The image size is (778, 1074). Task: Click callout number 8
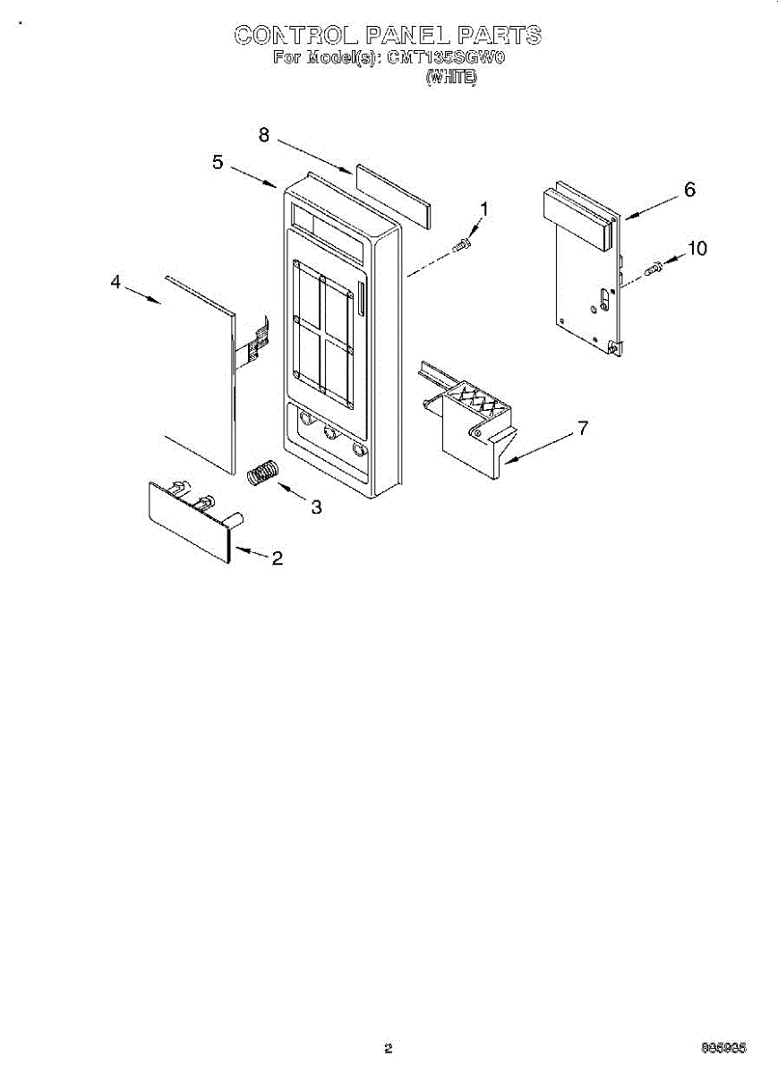pyautogui.click(x=264, y=135)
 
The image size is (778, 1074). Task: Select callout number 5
pyautogui.click(x=218, y=162)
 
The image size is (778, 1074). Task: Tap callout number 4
pyautogui.click(x=115, y=282)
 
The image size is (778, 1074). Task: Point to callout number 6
pyautogui.click(x=689, y=190)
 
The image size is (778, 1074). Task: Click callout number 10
pyautogui.click(x=696, y=249)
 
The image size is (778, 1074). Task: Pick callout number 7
pyautogui.click(x=583, y=429)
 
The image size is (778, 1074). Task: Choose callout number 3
pyautogui.click(x=315, y=507)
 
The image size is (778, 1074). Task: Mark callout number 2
pyautogui.click(x=277, y=558)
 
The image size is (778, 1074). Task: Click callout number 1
pyautogui.click(x=484, y=209)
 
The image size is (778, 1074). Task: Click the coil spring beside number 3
pyautogui.click(x=263, y=472)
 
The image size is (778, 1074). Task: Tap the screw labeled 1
pyautogui.click(x=462, y=243)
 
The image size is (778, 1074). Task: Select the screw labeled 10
pyautogui.click(x=653, y=266)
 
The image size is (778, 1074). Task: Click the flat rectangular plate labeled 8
pyautogui.click(x=392, y=195)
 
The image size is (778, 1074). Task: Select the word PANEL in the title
pyautogui.click(x=408, y=36)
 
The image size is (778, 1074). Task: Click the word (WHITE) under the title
pyautogui.click(x=451, y=78)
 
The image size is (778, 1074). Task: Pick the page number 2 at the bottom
pyautogui.click(x=388, y=1048)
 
